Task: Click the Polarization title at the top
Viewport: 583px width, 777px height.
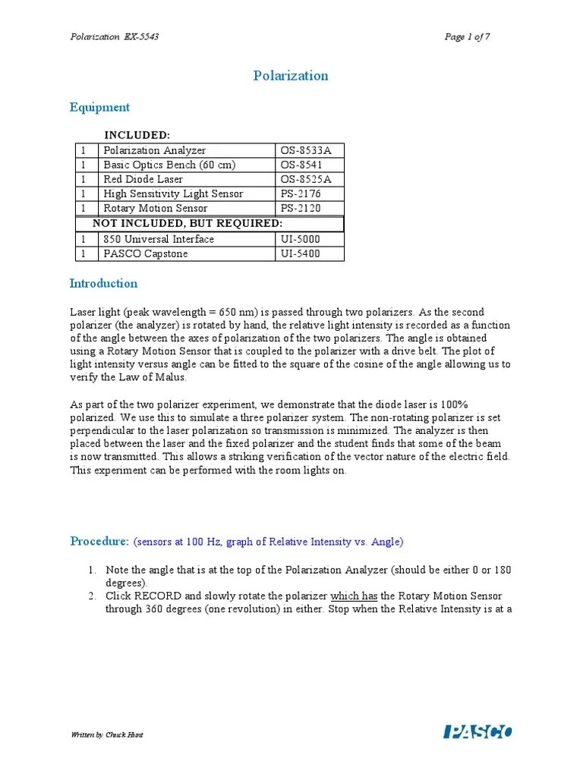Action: [x=290, y=76]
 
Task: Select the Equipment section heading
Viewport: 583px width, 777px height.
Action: [x=99, y=108]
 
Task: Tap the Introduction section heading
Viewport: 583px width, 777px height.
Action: [x=104, y=284]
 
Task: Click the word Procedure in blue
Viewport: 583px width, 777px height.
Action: [x=99, y=542]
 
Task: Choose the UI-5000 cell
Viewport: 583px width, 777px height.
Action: [x=301, y=239]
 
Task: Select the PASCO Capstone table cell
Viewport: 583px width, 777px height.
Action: [x=146, y=253]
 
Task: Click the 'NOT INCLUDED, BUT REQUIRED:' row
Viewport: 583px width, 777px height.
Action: [x=188, y=223]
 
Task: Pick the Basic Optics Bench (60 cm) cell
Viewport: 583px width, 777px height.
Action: [x=169, y=165]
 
